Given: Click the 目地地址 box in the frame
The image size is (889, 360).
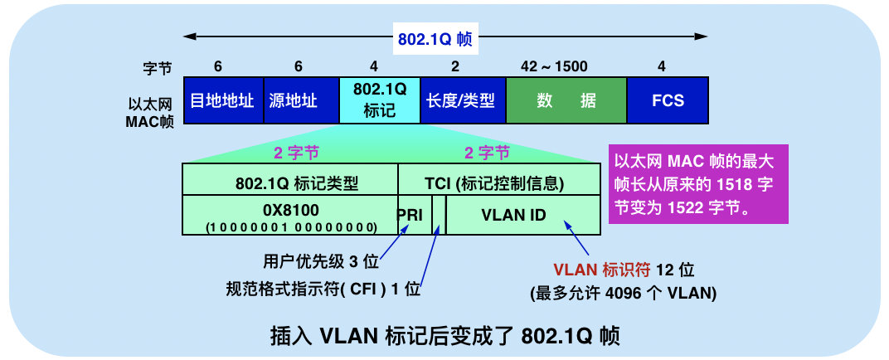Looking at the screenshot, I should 222,101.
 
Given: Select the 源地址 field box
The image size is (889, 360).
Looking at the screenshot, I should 300,101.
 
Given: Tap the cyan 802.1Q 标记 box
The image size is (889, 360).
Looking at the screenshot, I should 380,101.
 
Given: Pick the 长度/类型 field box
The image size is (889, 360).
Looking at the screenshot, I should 460,101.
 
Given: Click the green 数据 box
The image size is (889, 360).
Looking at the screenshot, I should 566,101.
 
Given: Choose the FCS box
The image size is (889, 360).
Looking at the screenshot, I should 668,101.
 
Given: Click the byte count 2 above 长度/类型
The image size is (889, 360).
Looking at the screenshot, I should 454,67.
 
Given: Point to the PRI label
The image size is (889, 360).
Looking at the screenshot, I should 410,216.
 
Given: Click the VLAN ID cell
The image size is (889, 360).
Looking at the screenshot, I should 514,215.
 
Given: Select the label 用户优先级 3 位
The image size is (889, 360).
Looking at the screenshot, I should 320,262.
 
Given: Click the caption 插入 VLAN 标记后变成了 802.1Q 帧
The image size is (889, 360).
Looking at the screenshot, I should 444,335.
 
